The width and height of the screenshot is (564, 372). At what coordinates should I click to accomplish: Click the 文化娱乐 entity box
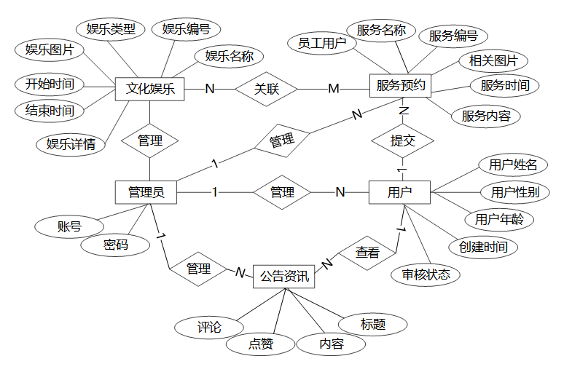click(150, 90)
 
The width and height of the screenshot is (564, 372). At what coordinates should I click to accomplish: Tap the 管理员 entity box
click(146, 192)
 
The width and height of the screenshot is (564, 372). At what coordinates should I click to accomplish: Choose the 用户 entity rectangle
click(399, 192)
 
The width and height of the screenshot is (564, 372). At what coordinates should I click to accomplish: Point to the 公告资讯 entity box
click(283, 277)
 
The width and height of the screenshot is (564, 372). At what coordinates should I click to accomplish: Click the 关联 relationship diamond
click(267, 90)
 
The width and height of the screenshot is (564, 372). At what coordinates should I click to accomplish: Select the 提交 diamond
click(402, 141)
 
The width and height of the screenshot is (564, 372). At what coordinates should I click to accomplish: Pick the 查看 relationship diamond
click(367, 253)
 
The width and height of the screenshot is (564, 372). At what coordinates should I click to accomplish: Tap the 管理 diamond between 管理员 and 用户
click(282, 192)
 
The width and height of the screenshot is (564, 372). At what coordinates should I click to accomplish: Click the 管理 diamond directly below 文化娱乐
click(150, 141)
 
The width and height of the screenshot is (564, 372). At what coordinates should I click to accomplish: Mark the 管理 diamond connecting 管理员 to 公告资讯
click(198, 269)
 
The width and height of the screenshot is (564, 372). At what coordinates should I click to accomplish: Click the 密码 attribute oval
click(116, 245)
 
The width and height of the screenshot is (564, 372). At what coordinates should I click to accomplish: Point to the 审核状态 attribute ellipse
click(426, 274)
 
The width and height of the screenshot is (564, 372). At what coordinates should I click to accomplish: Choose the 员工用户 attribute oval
click(321, 43)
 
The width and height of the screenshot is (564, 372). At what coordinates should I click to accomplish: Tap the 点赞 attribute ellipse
click(260, 344)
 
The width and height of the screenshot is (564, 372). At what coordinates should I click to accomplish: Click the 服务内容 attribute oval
click(486, 115)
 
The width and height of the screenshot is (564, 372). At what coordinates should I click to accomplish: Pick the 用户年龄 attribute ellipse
click(499, 218)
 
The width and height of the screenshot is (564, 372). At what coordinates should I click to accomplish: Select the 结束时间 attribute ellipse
click(50, 111)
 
